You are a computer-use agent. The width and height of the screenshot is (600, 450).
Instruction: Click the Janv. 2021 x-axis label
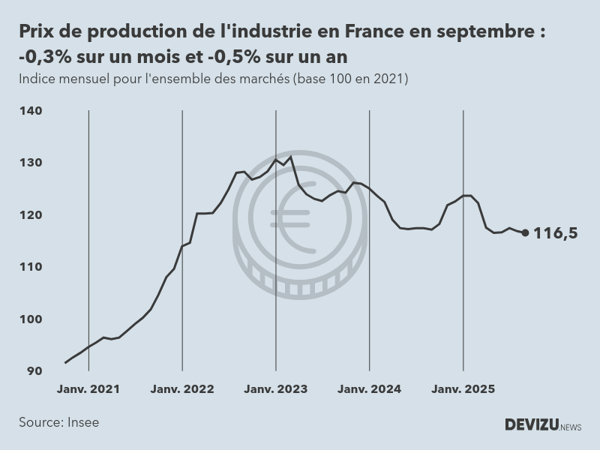coord(88,389)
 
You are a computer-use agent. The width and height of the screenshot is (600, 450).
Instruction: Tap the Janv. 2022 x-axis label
coord(182,389)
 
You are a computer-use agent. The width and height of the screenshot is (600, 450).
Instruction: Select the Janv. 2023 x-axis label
coord(276,389)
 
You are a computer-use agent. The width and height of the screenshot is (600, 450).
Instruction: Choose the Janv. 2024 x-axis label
coord(369,389)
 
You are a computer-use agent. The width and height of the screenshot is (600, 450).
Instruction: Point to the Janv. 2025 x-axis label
coord(463,389)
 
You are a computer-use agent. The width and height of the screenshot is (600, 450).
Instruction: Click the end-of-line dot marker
coord(525,232)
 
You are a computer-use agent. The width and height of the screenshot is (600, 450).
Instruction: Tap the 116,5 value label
coord(555,233)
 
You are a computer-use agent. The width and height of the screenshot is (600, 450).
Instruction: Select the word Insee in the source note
coord(82,422)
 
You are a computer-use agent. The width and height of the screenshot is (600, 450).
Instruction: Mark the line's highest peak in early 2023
coord(291,156)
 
